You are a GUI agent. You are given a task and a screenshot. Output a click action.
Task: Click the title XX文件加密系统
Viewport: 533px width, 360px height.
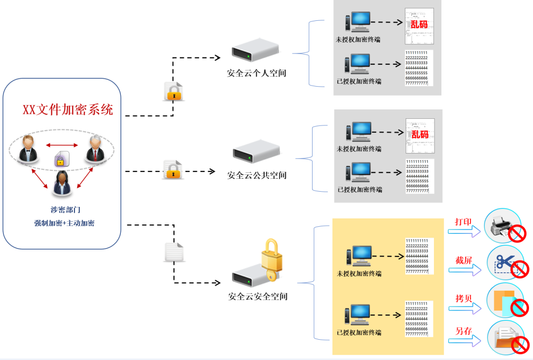(x=67, y=109)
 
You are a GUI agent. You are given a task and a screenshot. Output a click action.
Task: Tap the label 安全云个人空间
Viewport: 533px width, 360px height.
(x=257, y=73)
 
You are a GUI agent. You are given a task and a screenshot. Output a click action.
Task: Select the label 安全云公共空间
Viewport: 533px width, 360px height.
(x=257, y=175)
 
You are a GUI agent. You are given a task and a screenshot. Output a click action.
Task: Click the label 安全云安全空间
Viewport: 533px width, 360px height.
(x=258, y=297)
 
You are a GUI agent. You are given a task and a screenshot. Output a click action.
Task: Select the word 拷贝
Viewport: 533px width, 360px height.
(x=464, y=299)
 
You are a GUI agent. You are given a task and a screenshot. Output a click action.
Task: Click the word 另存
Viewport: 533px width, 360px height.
(x=464, y=331)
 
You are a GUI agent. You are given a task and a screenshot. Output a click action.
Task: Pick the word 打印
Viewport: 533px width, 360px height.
(x=464, y=222)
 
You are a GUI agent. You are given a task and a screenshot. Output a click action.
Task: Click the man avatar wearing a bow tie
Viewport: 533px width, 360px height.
(x=28, y=149)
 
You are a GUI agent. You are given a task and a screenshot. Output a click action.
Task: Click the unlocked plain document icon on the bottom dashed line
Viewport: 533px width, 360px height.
(x=173, y=252)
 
